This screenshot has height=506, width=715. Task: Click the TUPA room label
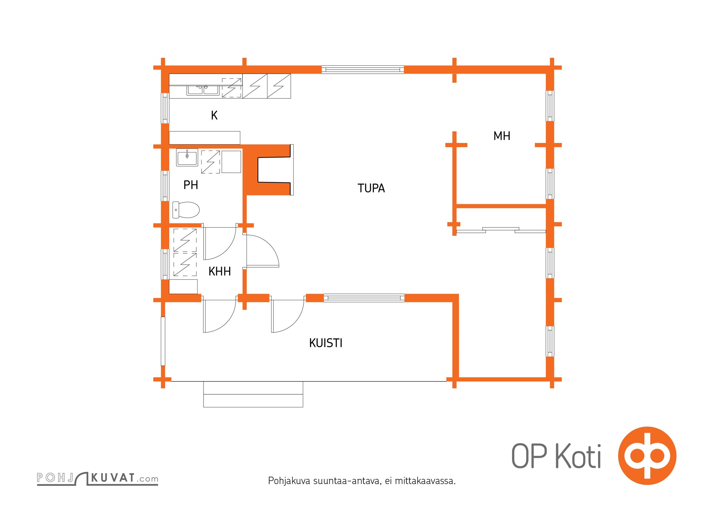(x=371, y=188)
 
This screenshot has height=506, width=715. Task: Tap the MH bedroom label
(x=502, y=136)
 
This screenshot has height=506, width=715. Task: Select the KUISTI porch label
(x=326, y=343)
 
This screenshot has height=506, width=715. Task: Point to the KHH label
(x=219, y=271)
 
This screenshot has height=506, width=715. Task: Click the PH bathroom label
(x=191, y=185)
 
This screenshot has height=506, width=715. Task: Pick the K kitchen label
(x=214, y=115)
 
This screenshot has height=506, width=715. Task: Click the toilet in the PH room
(x=186, y=210)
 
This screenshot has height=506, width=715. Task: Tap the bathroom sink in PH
(x=187, y=157)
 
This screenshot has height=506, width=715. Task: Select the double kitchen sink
(x=203, y=90)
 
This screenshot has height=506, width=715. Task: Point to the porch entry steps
(x=253, y=394)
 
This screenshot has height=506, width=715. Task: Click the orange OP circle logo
(x=647, y=456)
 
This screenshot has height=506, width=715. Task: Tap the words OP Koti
(x=556, y=456)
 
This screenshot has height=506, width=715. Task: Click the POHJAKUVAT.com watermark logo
(x=97, y=478)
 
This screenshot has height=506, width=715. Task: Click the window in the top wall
(x=363, y=70)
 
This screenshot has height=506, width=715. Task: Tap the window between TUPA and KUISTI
(x=364, y=298)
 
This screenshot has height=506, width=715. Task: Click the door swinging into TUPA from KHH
(x=262, y=251)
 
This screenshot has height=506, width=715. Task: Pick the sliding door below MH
(x=501, y=230)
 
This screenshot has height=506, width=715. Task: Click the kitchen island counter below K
(x=205, y=138)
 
